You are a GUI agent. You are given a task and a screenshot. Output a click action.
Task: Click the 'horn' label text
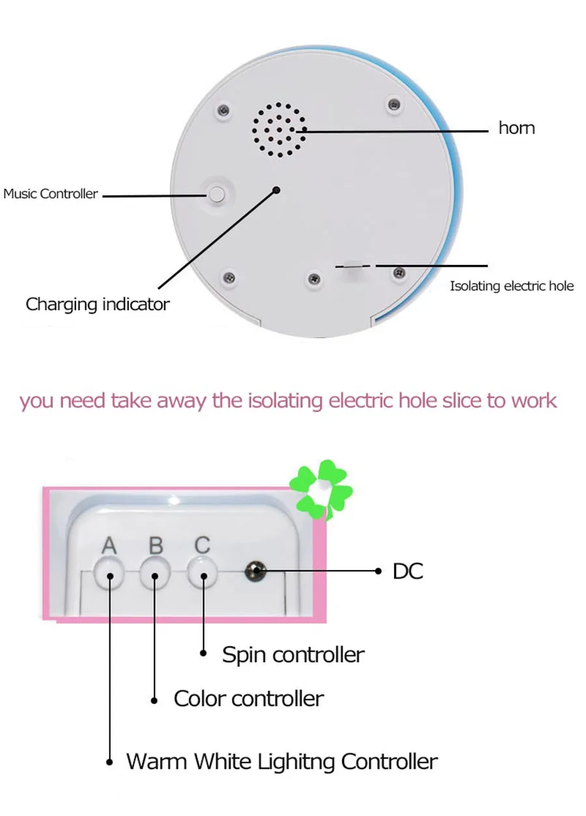(x=516, y=128)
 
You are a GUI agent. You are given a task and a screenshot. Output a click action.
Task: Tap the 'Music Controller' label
(x=51, y=193)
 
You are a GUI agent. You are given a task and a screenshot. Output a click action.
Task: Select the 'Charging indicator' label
(x=98, y=304)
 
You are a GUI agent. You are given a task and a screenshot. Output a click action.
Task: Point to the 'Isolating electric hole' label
(x=512, y=286)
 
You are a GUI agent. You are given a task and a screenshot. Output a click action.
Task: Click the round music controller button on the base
(x=217, y=194)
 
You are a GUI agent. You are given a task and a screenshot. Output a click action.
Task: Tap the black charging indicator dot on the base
(x=277, y=190)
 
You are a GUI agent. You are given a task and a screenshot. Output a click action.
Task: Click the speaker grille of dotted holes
(x=279, y=129)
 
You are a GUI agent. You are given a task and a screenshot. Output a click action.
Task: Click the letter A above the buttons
(x=109, y=546)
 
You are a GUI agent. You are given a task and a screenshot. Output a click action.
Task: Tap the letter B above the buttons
(x=156, y=546)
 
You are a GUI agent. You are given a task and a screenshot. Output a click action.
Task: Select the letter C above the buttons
(x=202, y=545)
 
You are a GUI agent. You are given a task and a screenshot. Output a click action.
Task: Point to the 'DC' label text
(x=408, y=571)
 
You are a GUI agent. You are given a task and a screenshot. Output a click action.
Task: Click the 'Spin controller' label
(x=294, y=655)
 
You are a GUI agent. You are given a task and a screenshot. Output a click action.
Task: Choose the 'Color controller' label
(x=249, y=698)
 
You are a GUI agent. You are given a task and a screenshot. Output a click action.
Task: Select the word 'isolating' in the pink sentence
(x=285, y=401)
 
